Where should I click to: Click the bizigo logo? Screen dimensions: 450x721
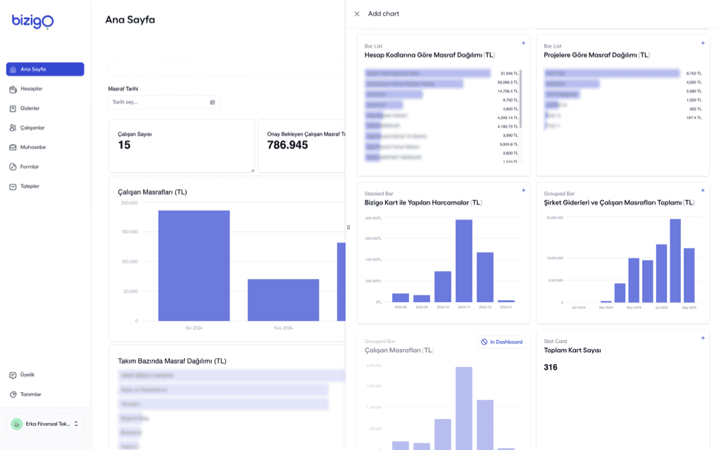point(32,22)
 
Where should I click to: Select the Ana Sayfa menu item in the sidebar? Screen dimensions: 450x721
point(45,69)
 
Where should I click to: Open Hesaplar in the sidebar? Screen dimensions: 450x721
point(31,89)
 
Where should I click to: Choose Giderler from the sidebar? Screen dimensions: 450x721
point(30,108)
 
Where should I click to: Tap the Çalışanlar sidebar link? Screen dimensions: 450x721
point(32,127)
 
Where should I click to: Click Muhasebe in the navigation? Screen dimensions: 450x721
point(32,147)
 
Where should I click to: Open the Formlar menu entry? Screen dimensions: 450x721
point(30,167)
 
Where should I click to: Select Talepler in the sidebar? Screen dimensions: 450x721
point(30,186)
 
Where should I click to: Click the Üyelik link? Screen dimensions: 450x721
point(27,375)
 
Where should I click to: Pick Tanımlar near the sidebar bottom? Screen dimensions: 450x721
point(30,394)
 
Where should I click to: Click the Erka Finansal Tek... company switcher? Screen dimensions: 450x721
point(45,424)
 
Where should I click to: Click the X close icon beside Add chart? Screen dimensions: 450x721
point(357,13)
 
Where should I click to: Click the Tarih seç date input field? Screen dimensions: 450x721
point(163,102)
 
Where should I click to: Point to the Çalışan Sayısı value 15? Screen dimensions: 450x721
point(124,145)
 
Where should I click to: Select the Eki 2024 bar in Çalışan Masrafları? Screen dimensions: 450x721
point(194,265)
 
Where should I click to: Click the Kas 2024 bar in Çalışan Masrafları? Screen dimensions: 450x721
point(283,300)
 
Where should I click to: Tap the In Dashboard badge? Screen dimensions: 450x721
point(501,342)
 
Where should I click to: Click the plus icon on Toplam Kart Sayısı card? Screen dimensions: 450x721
point(702,338)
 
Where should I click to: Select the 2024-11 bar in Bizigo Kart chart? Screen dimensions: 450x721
point(464,261)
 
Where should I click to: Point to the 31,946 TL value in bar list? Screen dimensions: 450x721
point(508,73)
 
